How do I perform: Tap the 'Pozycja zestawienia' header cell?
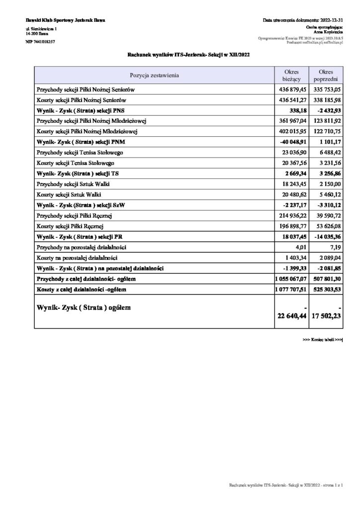tap(154, 76)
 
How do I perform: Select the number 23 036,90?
tap(291, 152)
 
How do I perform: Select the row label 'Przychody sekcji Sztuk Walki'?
tap(72, 183)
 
